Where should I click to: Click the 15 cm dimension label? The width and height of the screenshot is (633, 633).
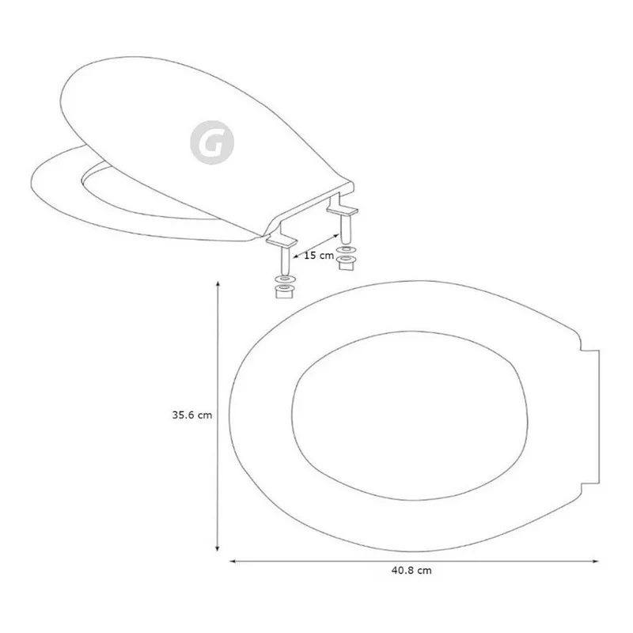[x=319, y=256]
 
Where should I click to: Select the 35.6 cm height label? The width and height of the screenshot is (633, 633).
[x=191, y=415]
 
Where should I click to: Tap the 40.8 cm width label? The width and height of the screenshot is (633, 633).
[x=411, y=570]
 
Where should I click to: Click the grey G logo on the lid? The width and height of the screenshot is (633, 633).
[x=212, y=142]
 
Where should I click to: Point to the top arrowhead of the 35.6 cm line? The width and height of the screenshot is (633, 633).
[x=218, y=284]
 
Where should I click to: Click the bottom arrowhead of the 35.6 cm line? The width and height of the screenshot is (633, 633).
[x=218, y=548]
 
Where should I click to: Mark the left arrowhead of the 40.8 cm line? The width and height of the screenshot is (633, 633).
[x=233, y=561]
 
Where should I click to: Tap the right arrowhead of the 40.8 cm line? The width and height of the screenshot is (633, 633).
[x=595, y=561]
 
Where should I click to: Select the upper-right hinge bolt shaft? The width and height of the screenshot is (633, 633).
[x=346, y=229]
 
